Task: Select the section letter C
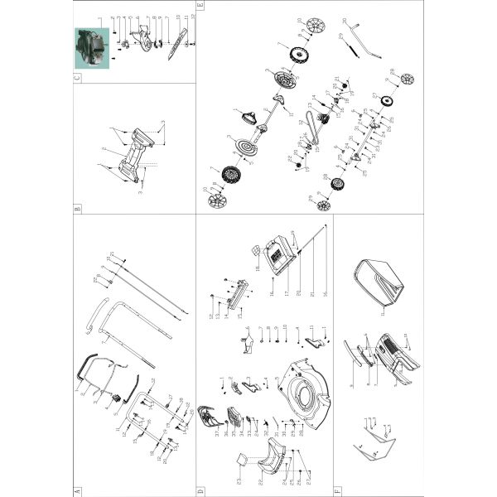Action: click(78, 79)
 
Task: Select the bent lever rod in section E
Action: click(359, 48)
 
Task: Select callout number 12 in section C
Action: click(191, 16)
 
